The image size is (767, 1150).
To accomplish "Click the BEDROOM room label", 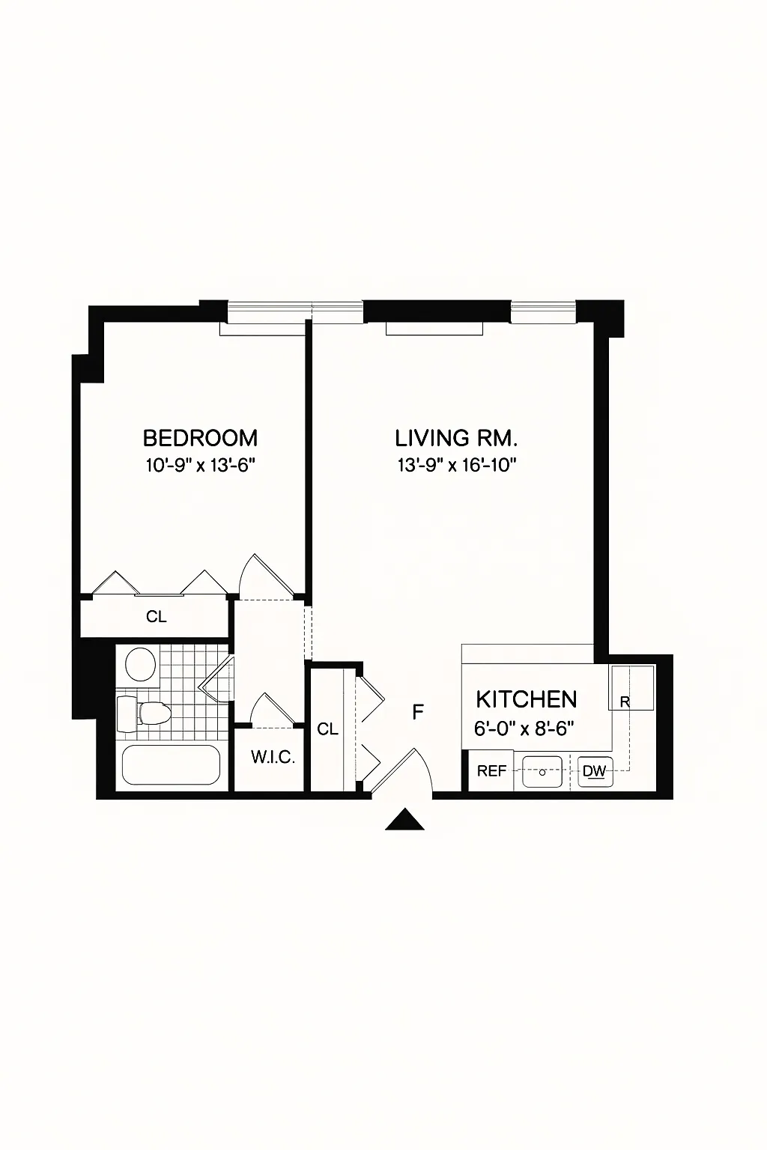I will [x=200, y=437].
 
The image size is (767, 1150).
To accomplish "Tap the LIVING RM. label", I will [x=457, y=437].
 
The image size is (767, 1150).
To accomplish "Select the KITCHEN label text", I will [x=527, y=699].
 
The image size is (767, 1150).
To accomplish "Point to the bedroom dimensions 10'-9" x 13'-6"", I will [x=200, y=465].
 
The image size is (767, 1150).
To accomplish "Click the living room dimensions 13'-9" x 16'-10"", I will [x=457, y=465].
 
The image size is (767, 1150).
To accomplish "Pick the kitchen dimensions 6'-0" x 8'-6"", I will [x=524, y=727].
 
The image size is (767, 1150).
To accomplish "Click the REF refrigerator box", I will [x=491, y=771].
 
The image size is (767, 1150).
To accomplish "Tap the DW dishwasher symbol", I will [x=595, y=771].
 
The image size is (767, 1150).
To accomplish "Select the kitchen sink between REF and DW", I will [x=542, y=771].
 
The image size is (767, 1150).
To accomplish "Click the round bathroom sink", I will [x=140, y=664].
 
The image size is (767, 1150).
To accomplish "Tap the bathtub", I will [x=171, y=766].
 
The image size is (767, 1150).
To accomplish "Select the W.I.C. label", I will [x=273, y=757].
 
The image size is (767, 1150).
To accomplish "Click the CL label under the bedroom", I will [x=157, y=617].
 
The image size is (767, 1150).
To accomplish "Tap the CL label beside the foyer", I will [x=327, y=729].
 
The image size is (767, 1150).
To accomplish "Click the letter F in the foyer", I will [x=419, y=712].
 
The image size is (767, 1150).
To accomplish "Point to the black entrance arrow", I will [x=405, y=821].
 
